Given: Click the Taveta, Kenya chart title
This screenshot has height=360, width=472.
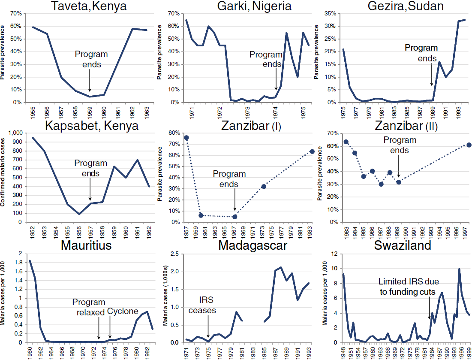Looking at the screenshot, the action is (x=88, y=6).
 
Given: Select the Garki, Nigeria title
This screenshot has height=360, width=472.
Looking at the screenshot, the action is (x=254, y=6).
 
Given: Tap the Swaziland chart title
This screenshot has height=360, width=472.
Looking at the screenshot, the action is (x=403, y=245).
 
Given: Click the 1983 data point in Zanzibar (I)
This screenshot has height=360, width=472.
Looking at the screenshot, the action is (x=312, y=151).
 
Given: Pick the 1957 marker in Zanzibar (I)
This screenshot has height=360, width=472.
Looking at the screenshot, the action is (x=186, y=138).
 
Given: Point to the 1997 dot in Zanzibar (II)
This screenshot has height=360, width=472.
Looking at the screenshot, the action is (x=469, y=145).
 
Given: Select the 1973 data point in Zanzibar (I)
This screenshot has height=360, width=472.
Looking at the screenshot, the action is (x=264, y=187).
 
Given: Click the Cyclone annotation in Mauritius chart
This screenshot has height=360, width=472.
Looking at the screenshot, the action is (x=123, y=311).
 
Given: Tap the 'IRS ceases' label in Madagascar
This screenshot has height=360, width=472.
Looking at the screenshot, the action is (x=202, y=305).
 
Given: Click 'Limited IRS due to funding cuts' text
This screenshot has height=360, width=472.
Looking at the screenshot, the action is (x=408, y=287).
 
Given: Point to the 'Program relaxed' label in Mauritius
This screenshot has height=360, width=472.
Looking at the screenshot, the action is (x=89, y=307).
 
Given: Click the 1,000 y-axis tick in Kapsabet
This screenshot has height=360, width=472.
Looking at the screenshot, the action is (x=16, y=133).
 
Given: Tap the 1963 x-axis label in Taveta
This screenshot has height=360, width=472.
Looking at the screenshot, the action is (x=147, y=113).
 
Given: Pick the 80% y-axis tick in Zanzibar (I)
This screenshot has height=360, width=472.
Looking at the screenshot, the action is (x=174, y=133).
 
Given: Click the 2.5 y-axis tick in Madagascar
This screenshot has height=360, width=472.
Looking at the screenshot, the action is (x=174, y=254).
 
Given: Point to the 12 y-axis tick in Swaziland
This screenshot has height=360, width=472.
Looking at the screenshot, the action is (x=334, y=254).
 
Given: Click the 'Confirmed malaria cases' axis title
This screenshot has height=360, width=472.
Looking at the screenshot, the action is (x=3, y=172).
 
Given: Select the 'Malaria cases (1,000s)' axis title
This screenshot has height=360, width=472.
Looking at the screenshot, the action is (x=165, y=296).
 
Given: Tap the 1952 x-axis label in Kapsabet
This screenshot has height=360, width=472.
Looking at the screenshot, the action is (x=32, y=233).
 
